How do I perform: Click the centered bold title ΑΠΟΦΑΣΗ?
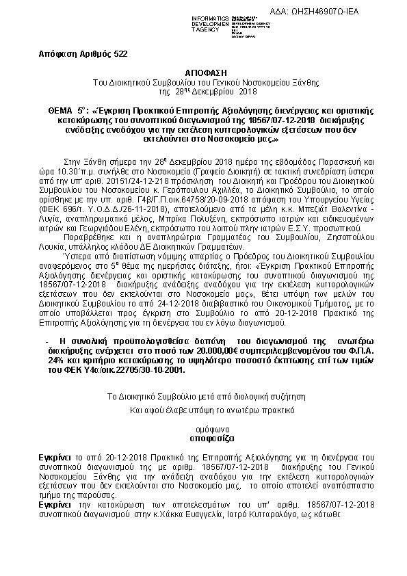point(204,72)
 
